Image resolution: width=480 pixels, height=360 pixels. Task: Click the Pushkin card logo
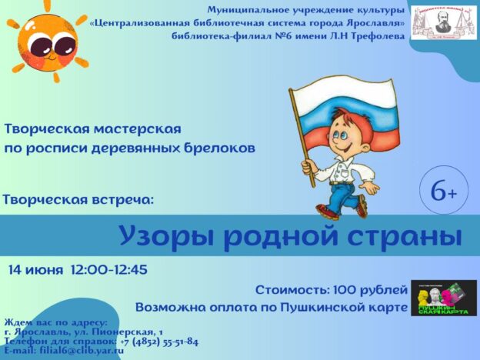pos(443,298)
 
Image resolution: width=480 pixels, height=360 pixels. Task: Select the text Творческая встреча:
pos(78,199)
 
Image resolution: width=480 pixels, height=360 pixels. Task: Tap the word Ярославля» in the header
pos(366,22)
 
